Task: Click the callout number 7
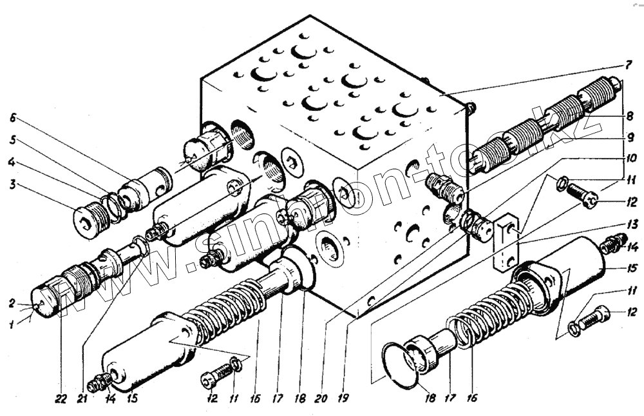tap(627, 66)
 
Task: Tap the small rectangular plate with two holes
tap(506, 246)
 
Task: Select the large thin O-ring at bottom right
tap(397, 366)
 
